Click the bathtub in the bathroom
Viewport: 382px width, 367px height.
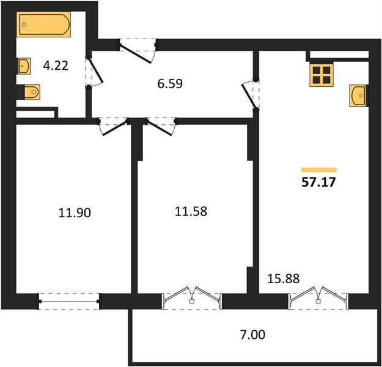[x=43, y=24]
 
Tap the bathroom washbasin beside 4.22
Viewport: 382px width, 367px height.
[x=24, y=66]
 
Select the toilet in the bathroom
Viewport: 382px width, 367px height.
[x=31, y=92]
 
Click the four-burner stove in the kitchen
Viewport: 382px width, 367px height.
[x=321, y=75]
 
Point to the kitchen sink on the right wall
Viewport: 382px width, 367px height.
[x=358, y=95]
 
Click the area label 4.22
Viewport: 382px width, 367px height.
[x=56, y=65]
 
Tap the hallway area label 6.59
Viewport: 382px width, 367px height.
[x=170, y=84]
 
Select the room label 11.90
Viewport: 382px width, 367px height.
[x=75, y=212]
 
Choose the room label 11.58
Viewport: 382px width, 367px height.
[x=191, y=211]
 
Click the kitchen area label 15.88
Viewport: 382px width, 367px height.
[x=284, y=278]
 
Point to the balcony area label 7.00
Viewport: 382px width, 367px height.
[x=252, y=335]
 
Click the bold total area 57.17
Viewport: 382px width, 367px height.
[x=318, y=182]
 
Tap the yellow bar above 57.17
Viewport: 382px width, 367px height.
[x=318, y=170]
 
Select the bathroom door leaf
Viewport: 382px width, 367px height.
[x=95, y=70]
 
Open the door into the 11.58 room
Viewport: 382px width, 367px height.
[x=159, y=127]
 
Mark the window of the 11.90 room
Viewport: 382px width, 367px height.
[x=69, y=302]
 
